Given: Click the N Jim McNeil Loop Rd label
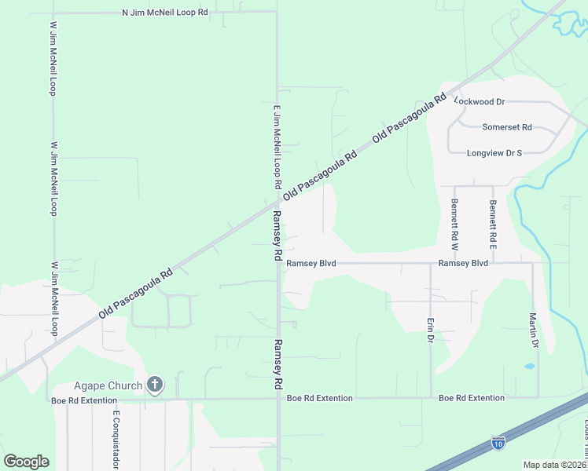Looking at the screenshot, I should [x=165, y=13].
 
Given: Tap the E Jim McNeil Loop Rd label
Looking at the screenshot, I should [x=277, y=148].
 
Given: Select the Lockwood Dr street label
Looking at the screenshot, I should [x=480, y=101].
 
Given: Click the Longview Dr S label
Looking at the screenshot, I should [x=494, y=153].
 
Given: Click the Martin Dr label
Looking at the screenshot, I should [x=533, y=330].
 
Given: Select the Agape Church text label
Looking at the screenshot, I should [x=108, y=385].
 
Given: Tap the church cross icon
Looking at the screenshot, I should [x=155, y=385].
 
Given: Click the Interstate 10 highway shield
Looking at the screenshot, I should [x=498, y=443].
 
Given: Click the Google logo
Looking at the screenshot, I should [x=26, y=462].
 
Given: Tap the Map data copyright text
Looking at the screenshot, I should [x=555, y=465].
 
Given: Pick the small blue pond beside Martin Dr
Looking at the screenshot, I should [x=529, y=366].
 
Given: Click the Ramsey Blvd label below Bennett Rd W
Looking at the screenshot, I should [x=463, y=263].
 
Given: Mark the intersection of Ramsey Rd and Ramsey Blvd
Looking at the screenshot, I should [x=278, y=264].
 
